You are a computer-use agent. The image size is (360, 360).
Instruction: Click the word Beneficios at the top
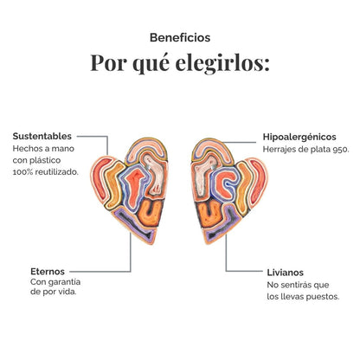(x=180, y=38)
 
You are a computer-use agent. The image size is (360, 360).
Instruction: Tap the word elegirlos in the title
(x=222, y=63)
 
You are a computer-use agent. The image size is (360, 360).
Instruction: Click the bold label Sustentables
(x=42, y=136)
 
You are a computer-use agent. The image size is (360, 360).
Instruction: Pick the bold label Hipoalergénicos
(x=299, y=137)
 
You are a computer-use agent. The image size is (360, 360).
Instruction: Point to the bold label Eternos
(x=48, y=272)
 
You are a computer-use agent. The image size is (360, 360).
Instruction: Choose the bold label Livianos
(x=286, y=273)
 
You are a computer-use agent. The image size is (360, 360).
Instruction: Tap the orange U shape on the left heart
(x=150, y=213)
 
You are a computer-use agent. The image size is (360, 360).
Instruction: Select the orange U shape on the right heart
(x=209, y=214)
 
